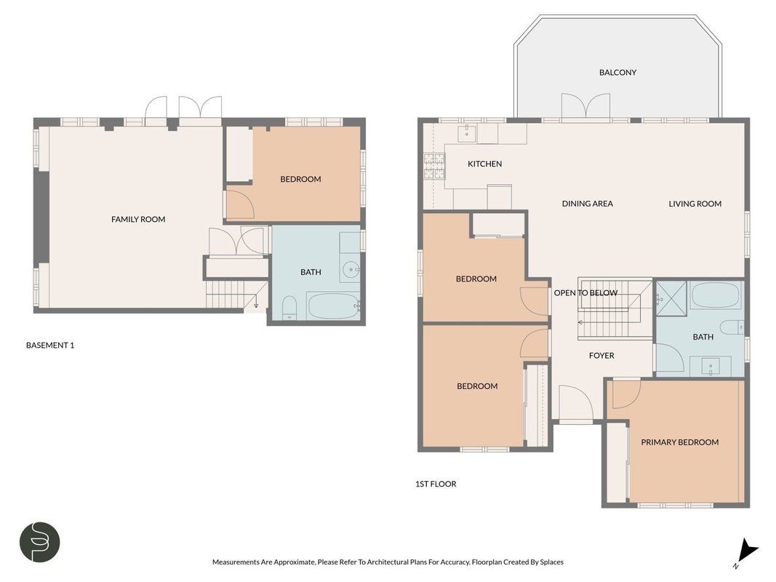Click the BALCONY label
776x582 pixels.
pyautogui.click(x=617, y=72)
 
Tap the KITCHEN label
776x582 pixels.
pyautogui.click(x=484, y=164)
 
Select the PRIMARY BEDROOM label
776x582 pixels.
pyautogui.click(x=679, y=442)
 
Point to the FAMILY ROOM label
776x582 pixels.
pyautogui.click(x=138, y=219)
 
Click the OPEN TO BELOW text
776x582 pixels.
pyautogui.click(x=585, y=293)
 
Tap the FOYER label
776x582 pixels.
pyautogui.click(x=601, y=355)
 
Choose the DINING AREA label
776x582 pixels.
pyautogui.click(x=588, y=204)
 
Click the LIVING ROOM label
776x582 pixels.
pyautogui.click(x=695, y=204)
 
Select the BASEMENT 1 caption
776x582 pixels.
pyautogui.click(x=50, y=346)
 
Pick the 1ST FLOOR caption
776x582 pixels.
pyautogui.click(x=436, y=484)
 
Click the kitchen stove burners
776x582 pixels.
pyautogui.click(x=434, y=165)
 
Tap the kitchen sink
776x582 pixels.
pyautogui.click(x=467, y=133)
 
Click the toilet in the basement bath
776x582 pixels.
pyautogui.click(x=289, y=308)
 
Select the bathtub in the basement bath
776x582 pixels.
pyautogui.click(x=333, y=306)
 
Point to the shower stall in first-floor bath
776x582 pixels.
pyautogui.click(x=671, y=298)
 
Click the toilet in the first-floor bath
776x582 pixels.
pyautogui.click(x=732, y=327)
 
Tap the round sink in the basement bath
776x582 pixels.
pyautogui.click(x=351, y=270)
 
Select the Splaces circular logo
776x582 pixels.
pyautogui.click(x=39, y=542)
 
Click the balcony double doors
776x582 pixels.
pyautogui.click(x=585, y=106)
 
